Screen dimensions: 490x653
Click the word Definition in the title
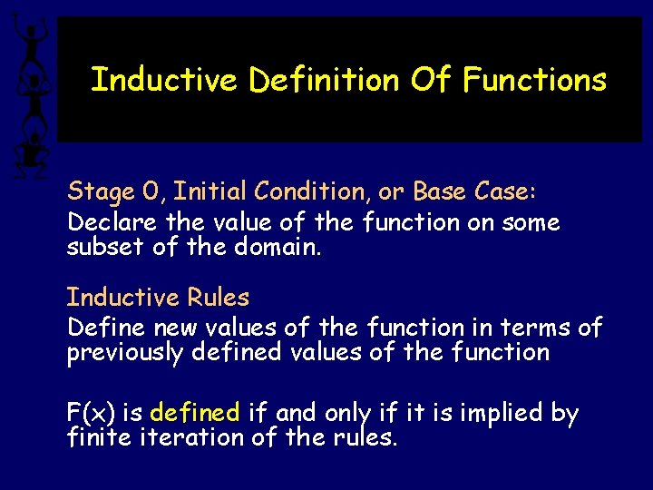pyautogui.click(x=325, y=80)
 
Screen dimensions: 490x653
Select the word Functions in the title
pyautogui.click(x=534, y=80)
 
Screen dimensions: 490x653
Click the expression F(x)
pyautogui.click(x=91, y=414)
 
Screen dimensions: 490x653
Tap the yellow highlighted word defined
pyautogui.click(x=194, y=414)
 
